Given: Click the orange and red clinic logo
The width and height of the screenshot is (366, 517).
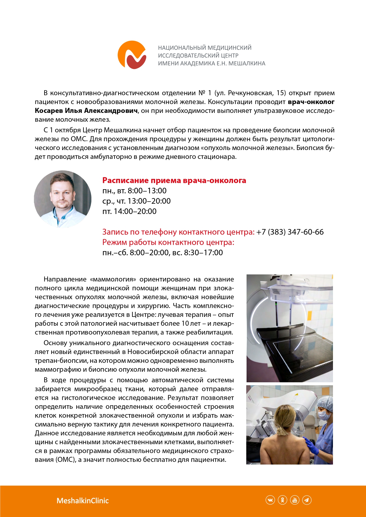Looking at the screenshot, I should [132, 55].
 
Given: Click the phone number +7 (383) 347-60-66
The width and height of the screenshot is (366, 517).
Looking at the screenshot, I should [290, 232].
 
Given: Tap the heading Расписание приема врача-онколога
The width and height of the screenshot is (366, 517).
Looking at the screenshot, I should [174, 180].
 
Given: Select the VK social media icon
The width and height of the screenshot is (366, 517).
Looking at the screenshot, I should [270, 500].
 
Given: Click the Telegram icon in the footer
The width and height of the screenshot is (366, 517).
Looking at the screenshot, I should [307, 500].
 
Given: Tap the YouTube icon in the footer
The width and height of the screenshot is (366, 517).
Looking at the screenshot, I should [295, 500].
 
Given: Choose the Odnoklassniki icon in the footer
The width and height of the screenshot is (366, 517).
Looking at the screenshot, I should [283, 500].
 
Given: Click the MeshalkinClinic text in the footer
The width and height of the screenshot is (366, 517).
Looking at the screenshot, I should [83, 500].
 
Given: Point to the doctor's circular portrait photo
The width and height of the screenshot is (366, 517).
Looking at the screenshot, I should [63, 199].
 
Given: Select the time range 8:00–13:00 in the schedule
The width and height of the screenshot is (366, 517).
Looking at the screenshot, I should [147, 191].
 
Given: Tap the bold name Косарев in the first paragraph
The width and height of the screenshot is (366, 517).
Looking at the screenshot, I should [49, 111].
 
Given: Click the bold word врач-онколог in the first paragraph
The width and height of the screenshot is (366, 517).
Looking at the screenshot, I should [311, 102].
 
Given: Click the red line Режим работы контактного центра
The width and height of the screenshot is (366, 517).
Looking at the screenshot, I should [168, 242].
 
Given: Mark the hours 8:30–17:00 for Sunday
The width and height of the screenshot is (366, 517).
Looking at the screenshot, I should [203, 253].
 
